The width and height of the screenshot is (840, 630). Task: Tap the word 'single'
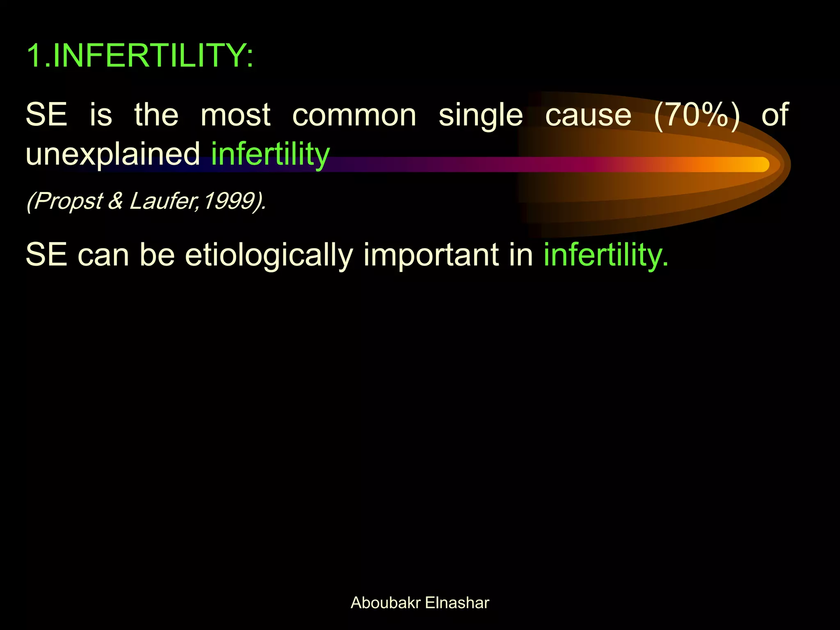(481, 116)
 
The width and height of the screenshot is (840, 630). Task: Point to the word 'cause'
(588, 116)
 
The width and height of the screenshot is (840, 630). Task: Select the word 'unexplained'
(113, 154)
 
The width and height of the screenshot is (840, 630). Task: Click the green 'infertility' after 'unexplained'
(270, 154)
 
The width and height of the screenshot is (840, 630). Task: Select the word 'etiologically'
(269, 255)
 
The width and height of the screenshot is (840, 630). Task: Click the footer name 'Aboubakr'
(386, 603)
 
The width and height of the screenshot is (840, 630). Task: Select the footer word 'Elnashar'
(457, 603)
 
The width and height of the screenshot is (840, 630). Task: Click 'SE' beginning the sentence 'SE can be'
(46, 255)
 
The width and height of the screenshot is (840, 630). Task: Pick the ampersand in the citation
(116, 201)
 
